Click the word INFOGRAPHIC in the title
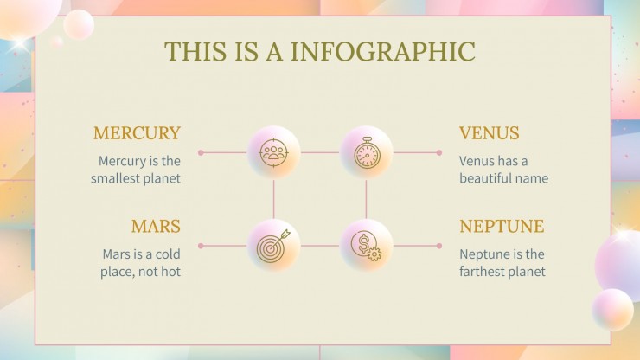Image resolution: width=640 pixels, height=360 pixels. pos(382,51)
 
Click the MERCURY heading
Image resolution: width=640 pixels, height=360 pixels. pos(137,133)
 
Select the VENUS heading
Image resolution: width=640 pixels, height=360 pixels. pos(490,133)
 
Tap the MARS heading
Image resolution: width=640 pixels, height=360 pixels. pos(156,227)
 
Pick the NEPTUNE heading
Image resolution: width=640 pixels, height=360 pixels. pos(502,227)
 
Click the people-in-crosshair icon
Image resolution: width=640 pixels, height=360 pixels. pos(274,153)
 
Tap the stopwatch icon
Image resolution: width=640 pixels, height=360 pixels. pos(366,153)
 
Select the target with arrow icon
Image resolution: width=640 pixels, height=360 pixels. pos(274,246)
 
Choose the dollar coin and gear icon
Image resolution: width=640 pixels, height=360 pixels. pos(366,246)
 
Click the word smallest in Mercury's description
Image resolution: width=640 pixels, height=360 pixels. pos(118,179)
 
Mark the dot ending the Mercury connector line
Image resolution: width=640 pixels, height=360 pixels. pos(200,153)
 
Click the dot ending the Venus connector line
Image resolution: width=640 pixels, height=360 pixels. pos(439,153)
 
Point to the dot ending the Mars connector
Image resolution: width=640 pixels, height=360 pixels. pos(200,246)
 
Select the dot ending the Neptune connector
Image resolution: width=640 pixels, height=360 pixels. pos(439,246)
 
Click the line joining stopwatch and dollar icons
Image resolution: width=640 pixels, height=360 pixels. pos(366,199)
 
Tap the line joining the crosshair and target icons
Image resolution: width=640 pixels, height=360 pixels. pos(274,199)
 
